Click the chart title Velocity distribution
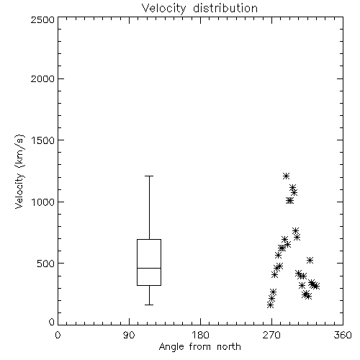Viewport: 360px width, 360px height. coord(199,9)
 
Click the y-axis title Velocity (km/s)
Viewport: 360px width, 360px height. coord(19,171)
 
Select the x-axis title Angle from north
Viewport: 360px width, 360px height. coord(199,347)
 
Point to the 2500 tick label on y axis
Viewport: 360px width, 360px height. coord(42,19)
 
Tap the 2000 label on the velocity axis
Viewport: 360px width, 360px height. coord(42,78)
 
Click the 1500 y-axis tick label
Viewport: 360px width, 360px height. coord(43,140)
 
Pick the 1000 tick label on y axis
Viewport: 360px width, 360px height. coord(43,202)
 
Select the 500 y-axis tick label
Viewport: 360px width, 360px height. coord(46,264)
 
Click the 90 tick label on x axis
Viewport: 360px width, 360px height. coord(129,335)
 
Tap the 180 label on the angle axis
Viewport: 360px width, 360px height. coord(199,335)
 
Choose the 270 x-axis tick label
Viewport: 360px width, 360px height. coord(271,335)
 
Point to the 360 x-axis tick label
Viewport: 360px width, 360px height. coord(343,335)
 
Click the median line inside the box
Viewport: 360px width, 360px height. coord(149,268)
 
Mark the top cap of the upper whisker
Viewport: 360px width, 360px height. coord(149,176)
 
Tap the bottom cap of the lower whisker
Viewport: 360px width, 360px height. coord(149,305)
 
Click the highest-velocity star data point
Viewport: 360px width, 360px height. coord(286,176)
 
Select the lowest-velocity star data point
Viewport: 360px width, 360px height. coord(271,305)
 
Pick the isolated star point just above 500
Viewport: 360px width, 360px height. coord(310,260)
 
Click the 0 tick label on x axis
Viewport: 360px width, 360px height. coord(58,335)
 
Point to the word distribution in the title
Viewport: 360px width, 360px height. coord(225,9)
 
